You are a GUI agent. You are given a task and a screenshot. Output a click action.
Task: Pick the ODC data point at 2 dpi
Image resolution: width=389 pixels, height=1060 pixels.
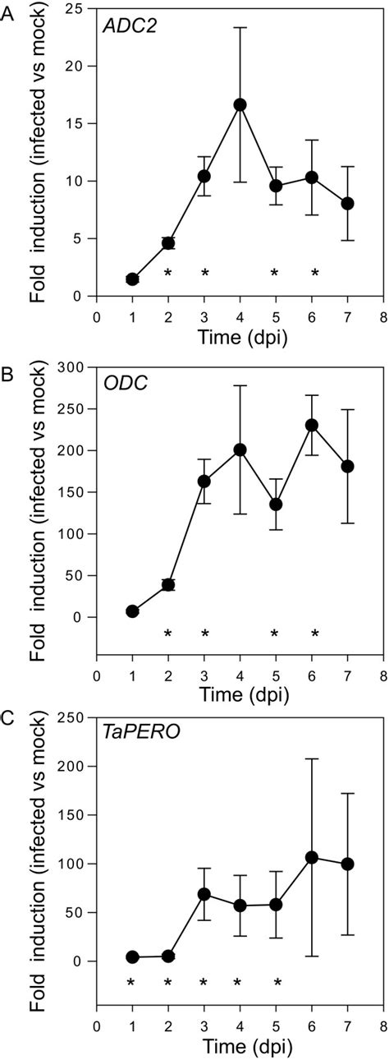[x=168, y=584]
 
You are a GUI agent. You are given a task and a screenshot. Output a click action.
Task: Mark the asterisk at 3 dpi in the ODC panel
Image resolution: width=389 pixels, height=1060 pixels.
[x=204, y=634]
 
